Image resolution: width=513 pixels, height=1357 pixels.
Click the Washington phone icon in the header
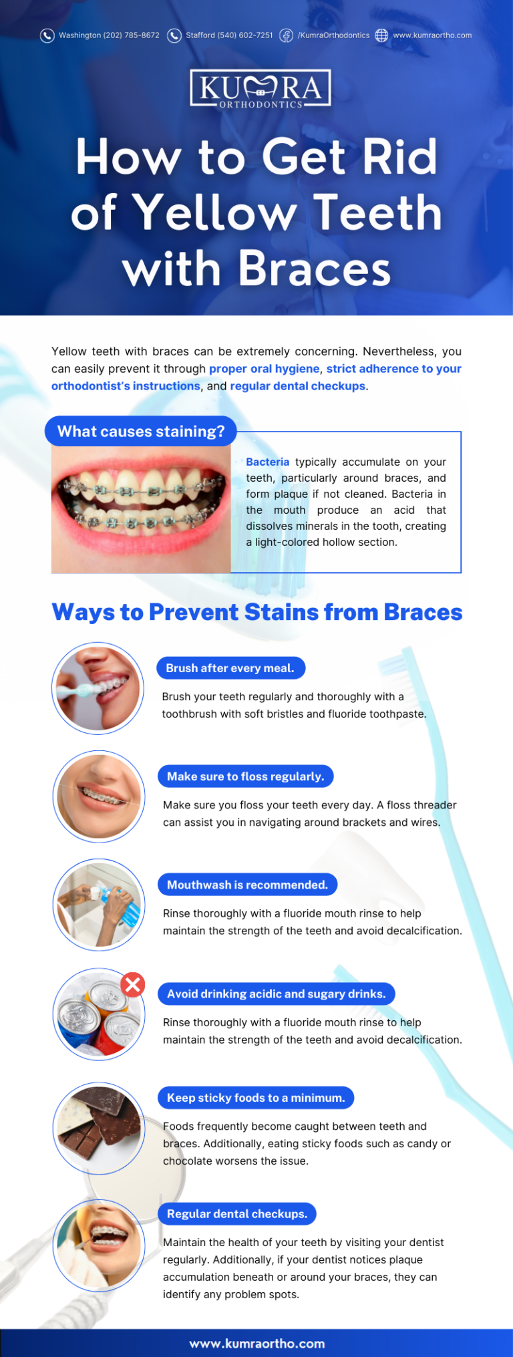click(47, 35)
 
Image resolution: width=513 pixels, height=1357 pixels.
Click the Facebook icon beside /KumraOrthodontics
click(286, 35)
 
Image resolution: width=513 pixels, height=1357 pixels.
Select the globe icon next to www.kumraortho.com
click(381, 35)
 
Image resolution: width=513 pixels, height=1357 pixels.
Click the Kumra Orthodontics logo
click(261, 88)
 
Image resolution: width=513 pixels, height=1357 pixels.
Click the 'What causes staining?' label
click(141, 431)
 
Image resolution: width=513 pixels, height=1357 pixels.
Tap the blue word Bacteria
click(267, 462)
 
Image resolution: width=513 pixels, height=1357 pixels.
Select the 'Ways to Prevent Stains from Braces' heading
click(256, 612)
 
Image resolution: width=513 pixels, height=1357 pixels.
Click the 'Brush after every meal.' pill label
click(230, 668)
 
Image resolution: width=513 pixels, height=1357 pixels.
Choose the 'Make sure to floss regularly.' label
click(245, 776)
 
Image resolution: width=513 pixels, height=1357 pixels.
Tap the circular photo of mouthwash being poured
click(99, 905)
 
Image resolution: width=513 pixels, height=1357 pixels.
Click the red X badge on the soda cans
click(133, 984)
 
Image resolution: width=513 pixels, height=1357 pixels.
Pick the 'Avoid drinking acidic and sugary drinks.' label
click(276, 994)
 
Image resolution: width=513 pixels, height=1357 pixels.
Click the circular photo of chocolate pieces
click(99, 1128)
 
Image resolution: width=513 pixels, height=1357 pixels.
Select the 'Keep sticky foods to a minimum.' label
click(256, 1098)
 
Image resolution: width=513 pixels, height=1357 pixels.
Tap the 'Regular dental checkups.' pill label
click(237, 1214)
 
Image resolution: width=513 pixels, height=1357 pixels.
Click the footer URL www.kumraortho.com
click(256, 1343)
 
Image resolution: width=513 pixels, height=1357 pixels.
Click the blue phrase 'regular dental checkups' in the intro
click(297, 386)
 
